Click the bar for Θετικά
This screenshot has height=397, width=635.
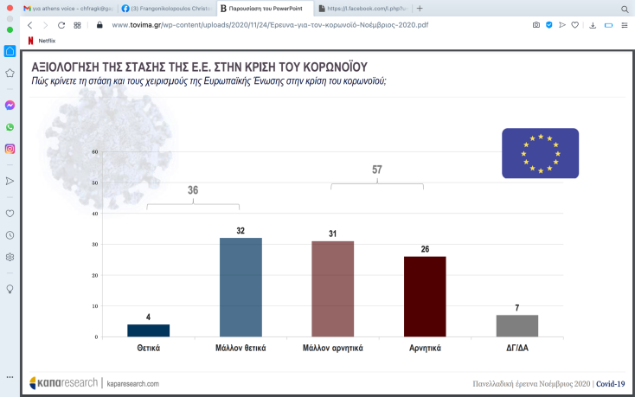click(149, 330)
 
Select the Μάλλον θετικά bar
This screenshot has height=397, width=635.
click(241, 287)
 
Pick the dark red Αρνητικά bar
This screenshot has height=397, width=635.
click(425, 297)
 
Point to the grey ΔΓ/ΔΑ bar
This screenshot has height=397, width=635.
click(517, 326)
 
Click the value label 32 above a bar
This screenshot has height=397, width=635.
click(241, 231)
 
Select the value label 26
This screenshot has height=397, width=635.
click(425, 249)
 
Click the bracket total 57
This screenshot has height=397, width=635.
click(377, 170)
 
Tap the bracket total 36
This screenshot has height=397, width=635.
click(193, 190)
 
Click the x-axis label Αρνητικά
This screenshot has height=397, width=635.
click(425, 348)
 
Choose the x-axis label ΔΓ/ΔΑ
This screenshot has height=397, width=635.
click(517, 348)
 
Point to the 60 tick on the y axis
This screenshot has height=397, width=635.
click(95, 152)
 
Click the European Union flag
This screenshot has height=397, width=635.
click(540, 153)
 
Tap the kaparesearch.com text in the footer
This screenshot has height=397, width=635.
click(132, 382)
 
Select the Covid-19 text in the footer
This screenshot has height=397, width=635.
click(610, 383)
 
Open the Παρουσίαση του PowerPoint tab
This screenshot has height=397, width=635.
click(266, 8)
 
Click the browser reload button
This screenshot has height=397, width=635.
click(61, 25)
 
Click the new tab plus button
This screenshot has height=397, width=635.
click(420, 8)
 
